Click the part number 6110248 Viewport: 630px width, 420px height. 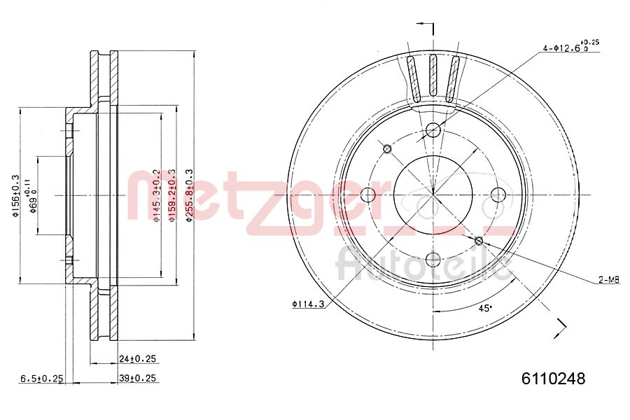553,379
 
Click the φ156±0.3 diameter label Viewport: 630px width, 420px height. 14,196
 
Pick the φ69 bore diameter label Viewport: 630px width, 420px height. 31,196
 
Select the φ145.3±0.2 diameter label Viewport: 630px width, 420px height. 157,196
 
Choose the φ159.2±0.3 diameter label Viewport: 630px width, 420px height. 172,196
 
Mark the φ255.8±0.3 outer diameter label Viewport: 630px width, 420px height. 188,196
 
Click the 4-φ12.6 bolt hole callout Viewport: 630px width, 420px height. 570,48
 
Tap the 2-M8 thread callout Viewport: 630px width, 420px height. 608,280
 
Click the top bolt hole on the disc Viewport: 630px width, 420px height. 433,129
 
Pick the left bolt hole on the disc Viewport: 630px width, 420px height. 368,195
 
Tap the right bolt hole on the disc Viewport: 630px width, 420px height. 498,195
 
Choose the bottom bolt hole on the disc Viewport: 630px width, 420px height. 433,260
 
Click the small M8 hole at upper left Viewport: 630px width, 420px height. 387,148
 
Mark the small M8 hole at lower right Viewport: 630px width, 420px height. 479,241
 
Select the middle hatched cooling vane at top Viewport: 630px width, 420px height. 433,76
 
